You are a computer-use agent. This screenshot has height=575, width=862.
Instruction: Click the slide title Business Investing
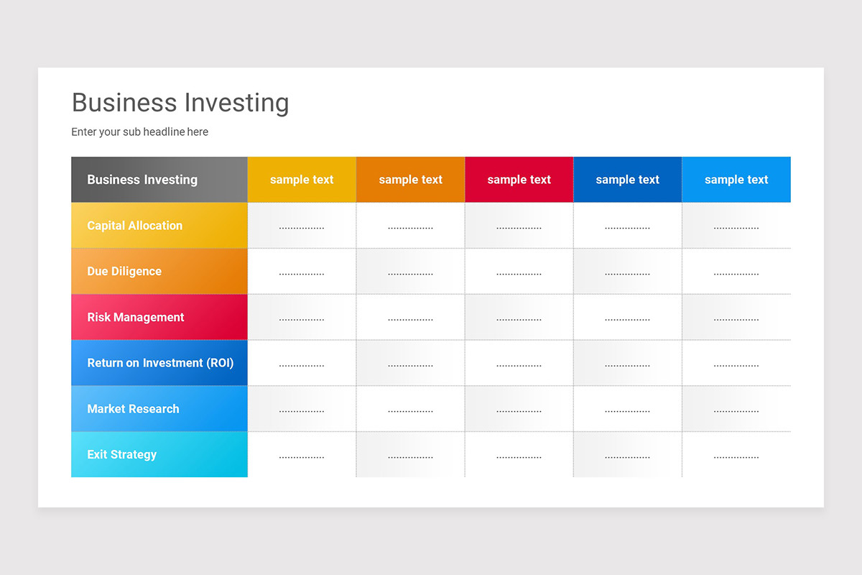point(180,103)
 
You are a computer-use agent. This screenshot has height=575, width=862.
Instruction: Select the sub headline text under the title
point(139,132)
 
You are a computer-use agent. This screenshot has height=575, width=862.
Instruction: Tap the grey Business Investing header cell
point(142,180)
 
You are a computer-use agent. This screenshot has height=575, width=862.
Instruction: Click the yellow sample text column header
point(302,180)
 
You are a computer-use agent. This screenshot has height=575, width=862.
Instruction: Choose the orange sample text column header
point(410,180)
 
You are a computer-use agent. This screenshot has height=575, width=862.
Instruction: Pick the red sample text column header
point(519,180)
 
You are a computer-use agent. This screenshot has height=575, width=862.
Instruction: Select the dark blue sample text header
point(627,180)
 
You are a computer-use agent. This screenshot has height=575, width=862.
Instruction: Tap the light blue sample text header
point(736,180)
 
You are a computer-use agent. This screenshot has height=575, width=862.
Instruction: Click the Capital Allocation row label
point(135,226)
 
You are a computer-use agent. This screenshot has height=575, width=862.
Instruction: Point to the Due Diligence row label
point(124,272)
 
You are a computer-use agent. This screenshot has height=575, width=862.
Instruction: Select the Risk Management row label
point(136,317)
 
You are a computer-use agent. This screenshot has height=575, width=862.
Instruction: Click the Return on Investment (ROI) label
point(160,363)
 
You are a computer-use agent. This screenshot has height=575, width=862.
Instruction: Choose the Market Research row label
point(133,409)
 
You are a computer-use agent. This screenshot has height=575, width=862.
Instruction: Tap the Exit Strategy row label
point(122,454)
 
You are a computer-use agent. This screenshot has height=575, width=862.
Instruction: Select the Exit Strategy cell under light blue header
point(736,456)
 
